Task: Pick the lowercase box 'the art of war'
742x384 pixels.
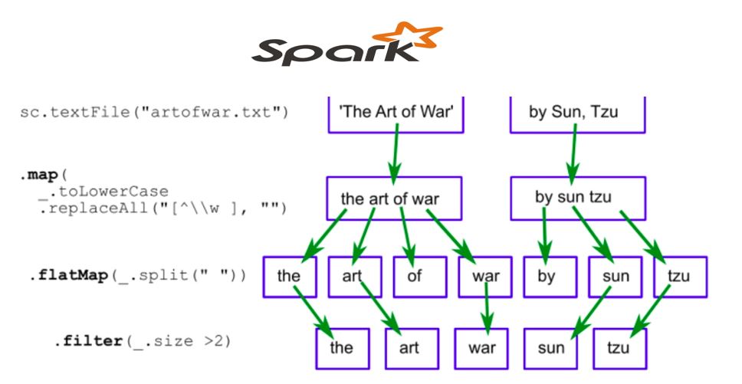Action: pos(394,199)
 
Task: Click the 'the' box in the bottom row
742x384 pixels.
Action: pos(341,348)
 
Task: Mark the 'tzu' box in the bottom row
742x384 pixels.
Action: pos(618,348)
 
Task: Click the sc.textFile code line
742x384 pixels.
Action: pos(154,113)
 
